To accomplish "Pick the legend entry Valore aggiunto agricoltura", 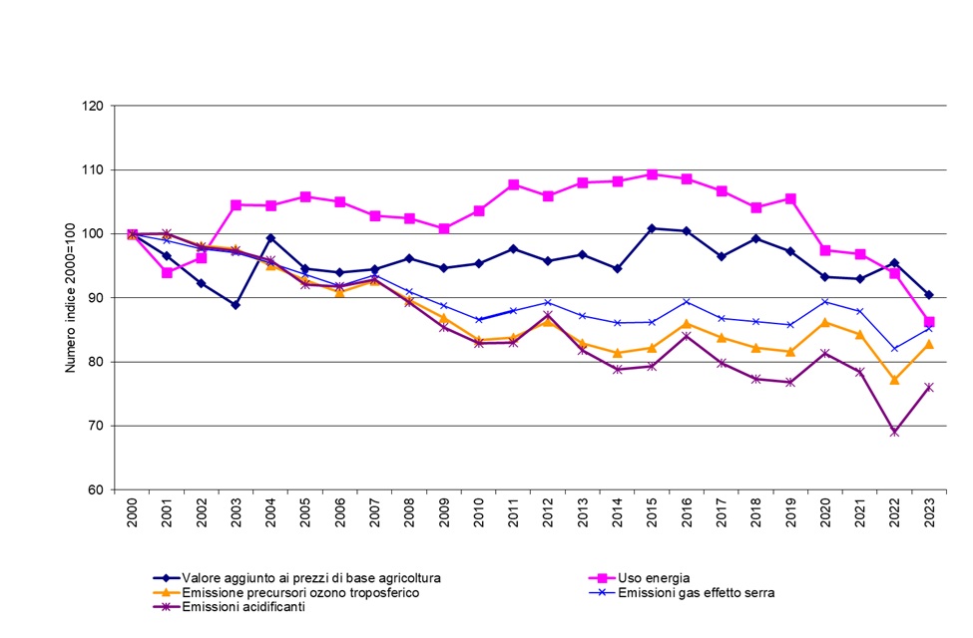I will pyautogui.click(x=310, y=577).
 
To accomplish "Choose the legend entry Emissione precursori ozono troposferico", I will pyautogui.click(x=299, y=592).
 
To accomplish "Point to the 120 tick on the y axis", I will pyautogui.click(x=97, y=106).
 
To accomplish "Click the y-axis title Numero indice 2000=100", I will pyautogui.click(x=71, y=297).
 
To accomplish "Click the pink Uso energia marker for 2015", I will pyautogui.click(x=652, y=174).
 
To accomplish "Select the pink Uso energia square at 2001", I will pyautogui.click(x=167, y=272).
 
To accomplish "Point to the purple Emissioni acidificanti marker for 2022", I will pyautogui.click(x=894, y=433).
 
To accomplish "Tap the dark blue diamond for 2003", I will pyautogui.click(x=236, y=305).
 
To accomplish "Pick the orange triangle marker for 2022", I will pyautogui.click(x=894, y=379).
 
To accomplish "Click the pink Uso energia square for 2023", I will pyautogui.click(x=929, y=322).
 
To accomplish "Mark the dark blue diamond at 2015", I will pyautogui.click(x=652, y=228).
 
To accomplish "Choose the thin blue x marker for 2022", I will pyautogui.click(x=894, y=349).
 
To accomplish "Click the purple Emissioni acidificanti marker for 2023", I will pyautogui.click(x=929, y=387).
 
